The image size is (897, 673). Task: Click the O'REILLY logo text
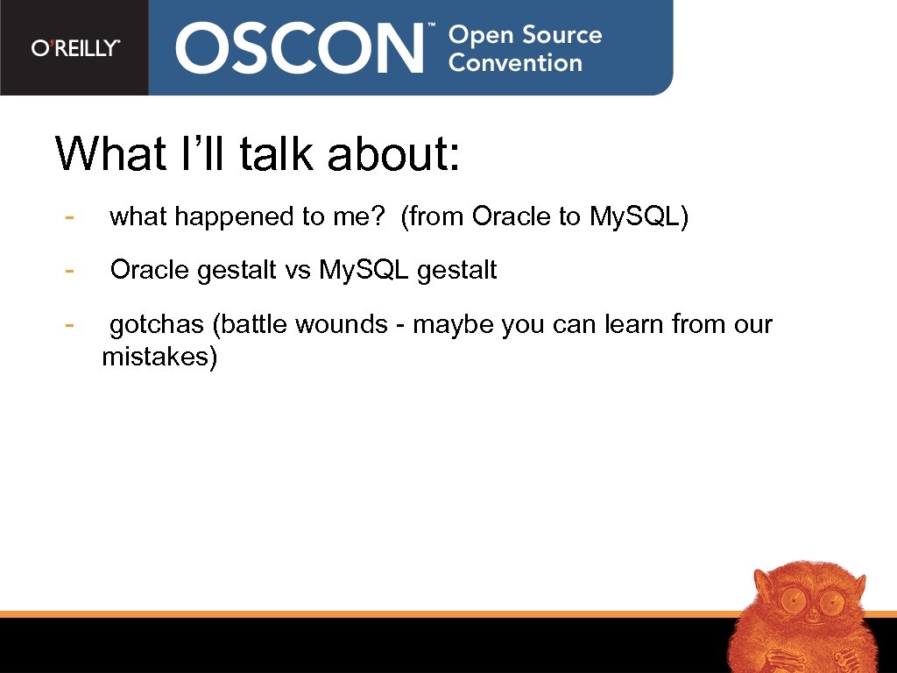click(75, 48)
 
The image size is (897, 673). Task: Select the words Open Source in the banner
click(525, 36)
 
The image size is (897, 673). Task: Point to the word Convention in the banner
click(515, 63)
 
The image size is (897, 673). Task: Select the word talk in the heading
click(278, 154)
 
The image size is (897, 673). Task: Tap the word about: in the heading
click(393, 154)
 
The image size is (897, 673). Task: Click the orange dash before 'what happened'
click(68, 216)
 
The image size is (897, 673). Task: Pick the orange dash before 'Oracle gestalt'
click(68, 270)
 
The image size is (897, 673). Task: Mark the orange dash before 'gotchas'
click(68, 324)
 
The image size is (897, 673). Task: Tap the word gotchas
click(156, 325)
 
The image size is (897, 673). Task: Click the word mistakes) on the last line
click(159, 358)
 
